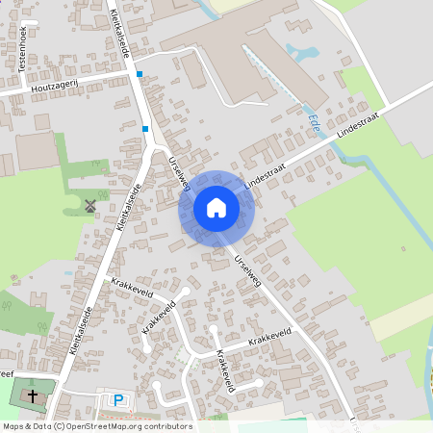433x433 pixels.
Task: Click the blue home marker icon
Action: pyautogui.click(x=216, y=207)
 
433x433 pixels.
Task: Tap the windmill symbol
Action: pyautogui.click(x=90, y=205)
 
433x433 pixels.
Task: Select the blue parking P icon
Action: pyautogui.click(x=118, y=400)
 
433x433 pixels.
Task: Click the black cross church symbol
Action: pyautogui.click(x=32, y=395)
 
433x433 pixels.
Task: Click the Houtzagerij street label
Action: pyautogui.click(x=54, y=88)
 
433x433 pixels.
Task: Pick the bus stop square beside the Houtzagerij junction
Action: pyautogui.click(x=140, y=74)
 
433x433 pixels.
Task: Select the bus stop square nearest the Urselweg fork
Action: pyautogui.click(x=145, y=128)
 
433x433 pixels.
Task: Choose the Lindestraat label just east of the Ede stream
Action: pyautogui.click(x=357, y=125)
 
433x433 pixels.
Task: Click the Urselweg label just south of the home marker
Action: pyautogui.click(x=247, y=268)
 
